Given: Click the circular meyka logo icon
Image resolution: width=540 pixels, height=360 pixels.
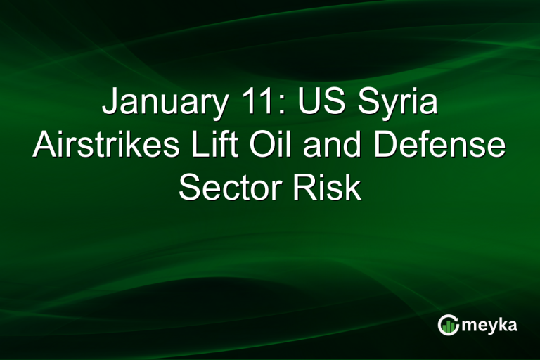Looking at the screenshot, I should click(x=448, y=325).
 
